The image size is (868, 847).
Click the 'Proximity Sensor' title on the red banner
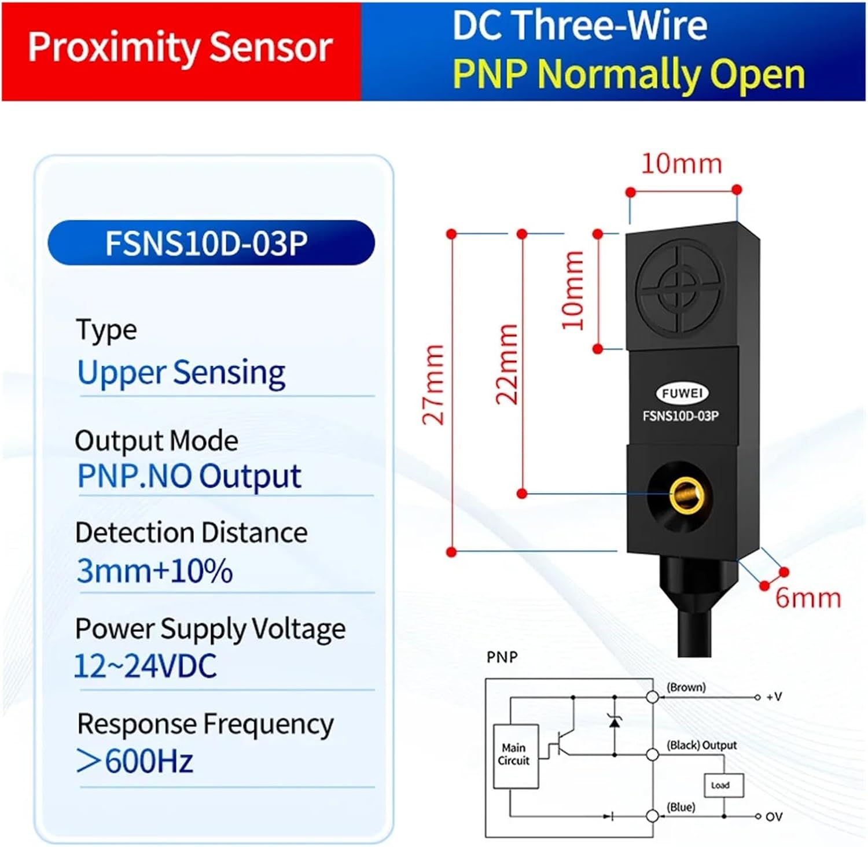(x=180, y=47)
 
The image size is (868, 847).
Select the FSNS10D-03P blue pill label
(x=211, y=243)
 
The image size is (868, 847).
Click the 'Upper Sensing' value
(x=181, y=372)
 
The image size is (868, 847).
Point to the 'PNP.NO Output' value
(x=189, y=476)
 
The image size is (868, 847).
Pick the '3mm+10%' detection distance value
(x=155, y=571)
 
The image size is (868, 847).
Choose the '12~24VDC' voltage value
(x=146, y=665)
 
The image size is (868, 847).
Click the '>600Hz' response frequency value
(x=135, y=761)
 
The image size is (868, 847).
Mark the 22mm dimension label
(x=507, y=364)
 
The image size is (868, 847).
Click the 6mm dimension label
(x=808, y=598)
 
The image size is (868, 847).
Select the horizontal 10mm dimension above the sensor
(x=682, y=164)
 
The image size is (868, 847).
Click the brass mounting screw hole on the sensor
(x=686, y=495)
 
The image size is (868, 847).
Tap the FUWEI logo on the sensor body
(x=682, y=393)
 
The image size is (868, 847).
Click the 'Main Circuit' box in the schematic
(x=515, y=755)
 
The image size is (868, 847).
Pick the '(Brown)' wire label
(x=686, y=687)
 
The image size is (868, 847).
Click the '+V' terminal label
(x=774, y=697)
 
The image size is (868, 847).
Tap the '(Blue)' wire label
(x=681, y=807)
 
